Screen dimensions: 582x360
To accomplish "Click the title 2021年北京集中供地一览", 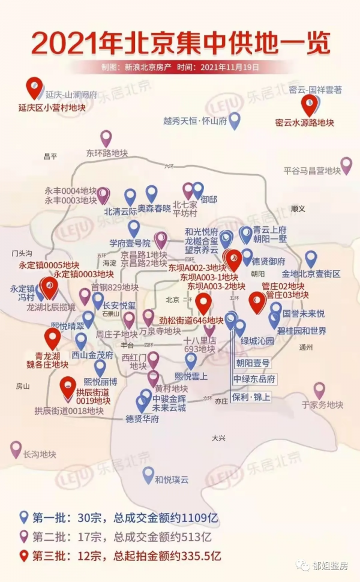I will click(180, 44).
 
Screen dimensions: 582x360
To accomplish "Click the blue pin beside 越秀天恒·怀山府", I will click(235, 120).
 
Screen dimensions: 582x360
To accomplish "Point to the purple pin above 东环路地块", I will click(106, 139).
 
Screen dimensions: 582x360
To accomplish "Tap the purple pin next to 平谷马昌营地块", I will click(346, 165).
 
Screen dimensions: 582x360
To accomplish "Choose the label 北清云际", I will click(121, 211).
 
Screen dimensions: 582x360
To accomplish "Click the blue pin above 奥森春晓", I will click(151, 193).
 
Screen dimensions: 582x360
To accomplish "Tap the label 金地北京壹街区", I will click(311, 274).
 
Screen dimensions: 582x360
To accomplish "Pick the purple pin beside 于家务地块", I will click(319, 391).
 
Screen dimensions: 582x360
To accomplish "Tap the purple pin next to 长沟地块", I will click(16, 449).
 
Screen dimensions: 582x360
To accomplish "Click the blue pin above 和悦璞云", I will click(148, 475).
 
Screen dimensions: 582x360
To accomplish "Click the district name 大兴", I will click(218, 439).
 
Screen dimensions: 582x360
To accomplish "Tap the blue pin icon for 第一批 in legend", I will click(24, 517).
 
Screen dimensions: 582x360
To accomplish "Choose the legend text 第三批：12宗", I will click(67, 556).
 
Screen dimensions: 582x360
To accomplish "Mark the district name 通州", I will click(306, 346).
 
